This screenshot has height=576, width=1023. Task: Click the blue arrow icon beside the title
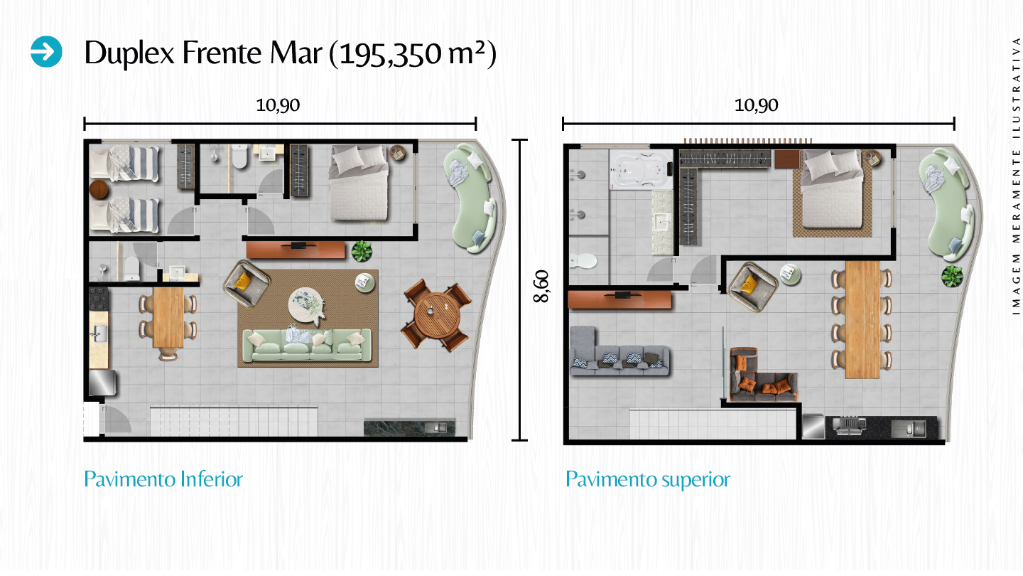point(47,52)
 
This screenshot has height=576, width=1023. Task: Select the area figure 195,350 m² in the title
point(413,53)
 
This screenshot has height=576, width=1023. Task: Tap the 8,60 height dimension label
point(542,289)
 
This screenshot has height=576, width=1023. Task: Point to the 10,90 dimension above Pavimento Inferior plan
point(278,105)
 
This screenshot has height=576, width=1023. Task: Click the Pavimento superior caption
point(647,479)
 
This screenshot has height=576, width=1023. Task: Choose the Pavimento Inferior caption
point(163,479)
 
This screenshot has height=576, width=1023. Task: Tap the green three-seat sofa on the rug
point(306,346)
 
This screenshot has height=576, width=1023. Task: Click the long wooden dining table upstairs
point(862,319)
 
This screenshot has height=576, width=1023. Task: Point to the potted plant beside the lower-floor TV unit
point(362,250)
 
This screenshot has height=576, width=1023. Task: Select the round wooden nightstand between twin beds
point(99,188)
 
